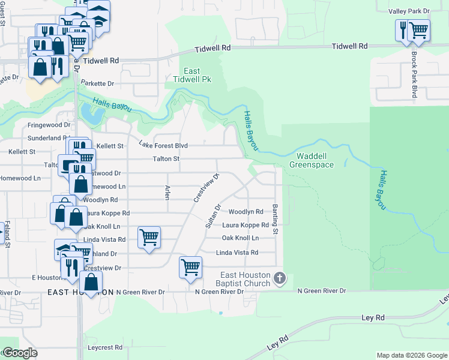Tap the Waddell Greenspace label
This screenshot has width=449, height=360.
311,160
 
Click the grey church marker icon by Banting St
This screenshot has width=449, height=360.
279,278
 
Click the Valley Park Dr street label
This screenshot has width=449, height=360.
409,11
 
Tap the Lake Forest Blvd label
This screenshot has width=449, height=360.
163,145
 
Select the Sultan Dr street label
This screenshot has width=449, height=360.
211,215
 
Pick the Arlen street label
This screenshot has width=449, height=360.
167,191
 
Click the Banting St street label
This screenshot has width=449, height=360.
276,219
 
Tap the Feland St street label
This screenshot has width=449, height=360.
8,234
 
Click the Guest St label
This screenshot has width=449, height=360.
3,14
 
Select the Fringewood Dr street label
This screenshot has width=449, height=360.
49,125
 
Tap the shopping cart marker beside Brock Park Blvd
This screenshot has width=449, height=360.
418,30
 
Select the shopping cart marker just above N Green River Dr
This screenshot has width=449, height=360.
190,266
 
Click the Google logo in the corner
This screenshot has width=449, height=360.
20,353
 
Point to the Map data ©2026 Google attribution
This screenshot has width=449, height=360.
412,355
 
